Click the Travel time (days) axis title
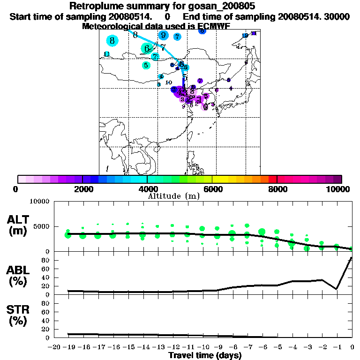(205, 356)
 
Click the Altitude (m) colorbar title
(173, 195)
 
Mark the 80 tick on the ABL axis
(46, 260)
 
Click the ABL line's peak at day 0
(352, 258)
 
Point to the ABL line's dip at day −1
(337, 289)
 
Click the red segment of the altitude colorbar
(272, 179)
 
